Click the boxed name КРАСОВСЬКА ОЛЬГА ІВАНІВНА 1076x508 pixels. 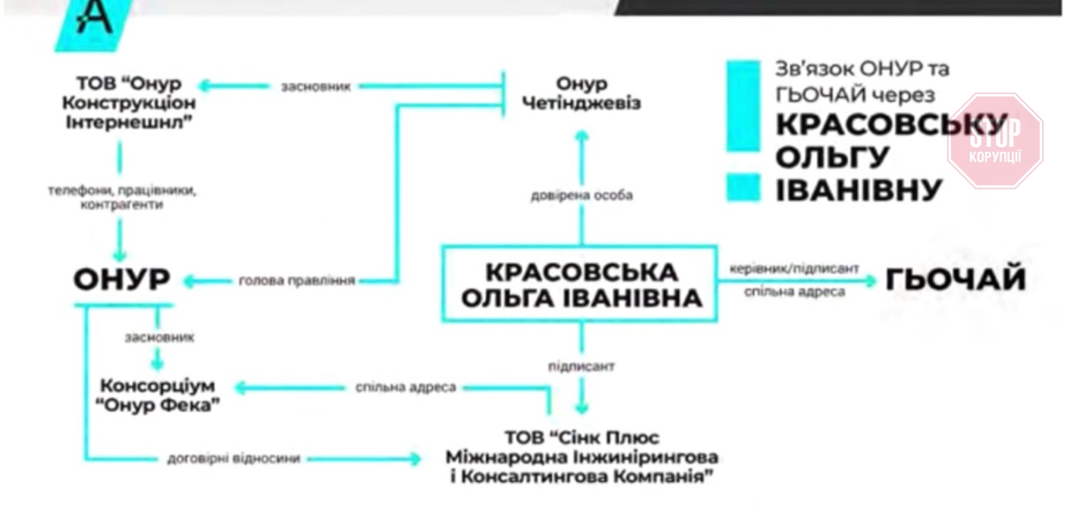580,284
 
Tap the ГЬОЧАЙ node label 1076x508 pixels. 956,279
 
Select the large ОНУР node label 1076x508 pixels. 121,280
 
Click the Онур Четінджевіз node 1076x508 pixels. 582,93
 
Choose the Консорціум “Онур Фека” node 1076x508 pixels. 159,395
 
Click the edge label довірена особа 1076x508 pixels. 581,195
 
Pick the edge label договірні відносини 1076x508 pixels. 234,459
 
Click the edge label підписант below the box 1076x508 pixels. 581,367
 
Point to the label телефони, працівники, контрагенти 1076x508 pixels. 121,198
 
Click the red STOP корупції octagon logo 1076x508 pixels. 995,141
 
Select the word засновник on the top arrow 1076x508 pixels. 316,86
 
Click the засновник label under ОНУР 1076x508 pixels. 159,337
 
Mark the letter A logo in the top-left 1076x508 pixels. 95,19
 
